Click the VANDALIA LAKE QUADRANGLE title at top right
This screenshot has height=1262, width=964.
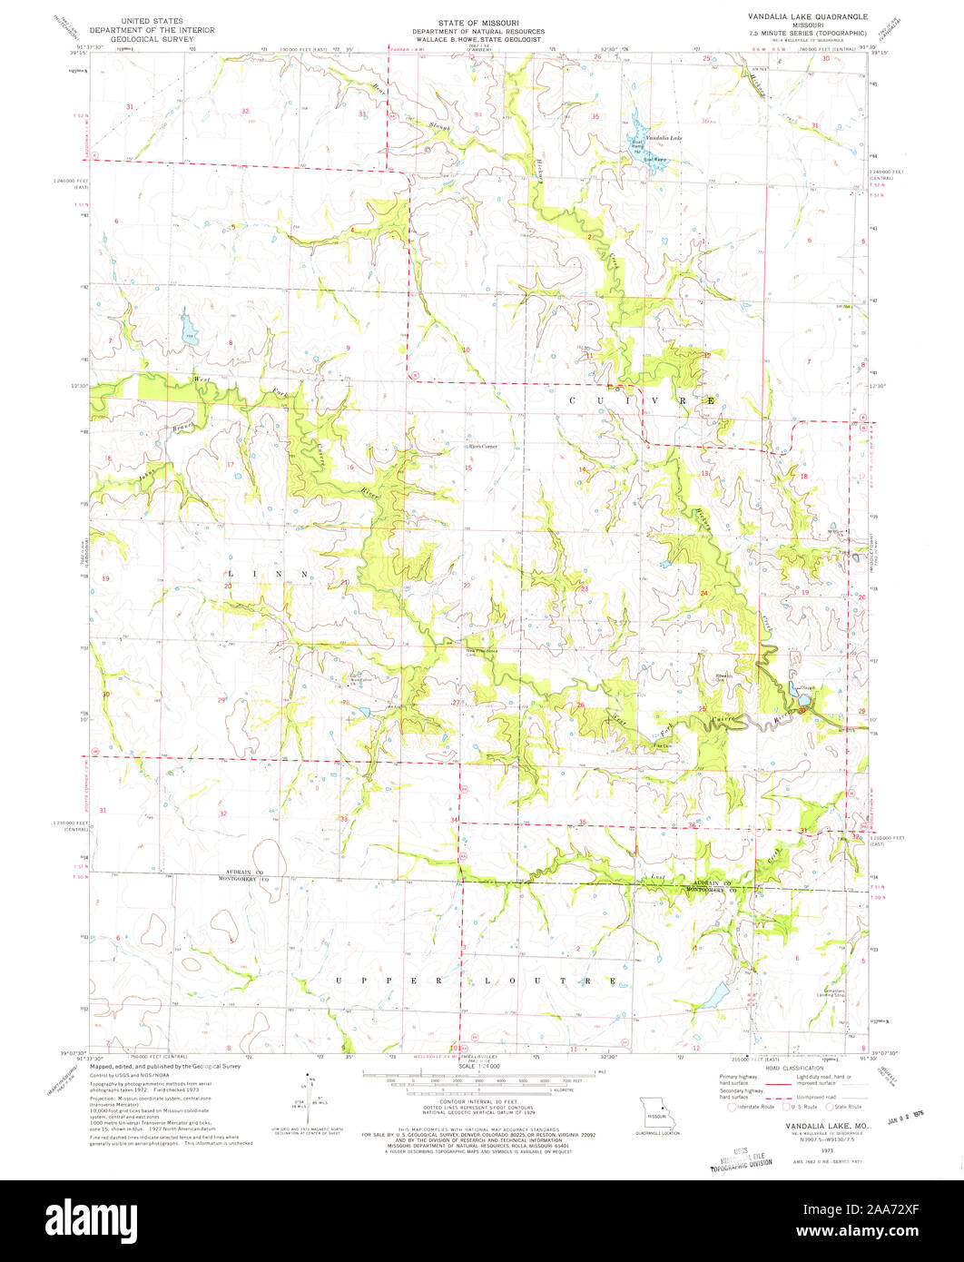coord(807,16)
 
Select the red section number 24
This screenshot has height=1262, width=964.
coord(703,593)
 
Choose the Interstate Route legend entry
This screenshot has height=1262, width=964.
coord(752,1107)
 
